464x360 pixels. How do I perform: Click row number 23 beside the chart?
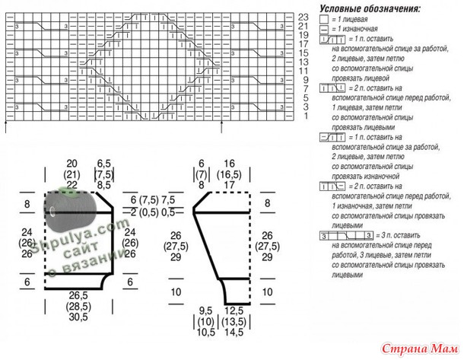(303, 16)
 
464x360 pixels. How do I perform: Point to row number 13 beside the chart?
(303, 62)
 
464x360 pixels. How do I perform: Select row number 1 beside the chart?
(303, 116)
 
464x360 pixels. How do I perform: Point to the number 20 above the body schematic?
(72, 164)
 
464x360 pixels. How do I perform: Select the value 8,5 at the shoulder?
(104, 185)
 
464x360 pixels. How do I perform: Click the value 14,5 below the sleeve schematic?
(234, 333)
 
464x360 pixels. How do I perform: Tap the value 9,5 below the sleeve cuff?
(205, 311)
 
